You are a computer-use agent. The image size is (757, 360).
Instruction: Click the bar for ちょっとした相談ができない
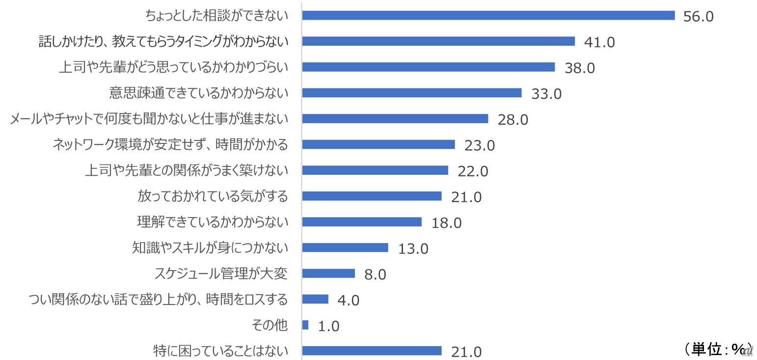(x=488, y=15)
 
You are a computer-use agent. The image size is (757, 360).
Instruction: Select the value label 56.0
(x=698, y=16)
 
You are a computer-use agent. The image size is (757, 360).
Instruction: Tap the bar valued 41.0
(x=438, y=41)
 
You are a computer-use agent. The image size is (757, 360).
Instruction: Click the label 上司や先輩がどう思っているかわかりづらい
(x=173, y=67)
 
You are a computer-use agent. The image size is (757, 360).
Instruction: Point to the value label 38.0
(x=580, y=68)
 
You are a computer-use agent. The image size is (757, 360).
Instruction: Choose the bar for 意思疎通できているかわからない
(x=412, y=93)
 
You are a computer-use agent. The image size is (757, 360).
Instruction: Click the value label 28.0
(x=513, y=119)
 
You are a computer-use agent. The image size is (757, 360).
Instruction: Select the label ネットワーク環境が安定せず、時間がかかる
(x=170, y=144)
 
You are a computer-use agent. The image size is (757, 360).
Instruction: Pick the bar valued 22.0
(x=375, y=170)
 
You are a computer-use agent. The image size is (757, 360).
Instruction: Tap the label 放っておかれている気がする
(x=213, y=196)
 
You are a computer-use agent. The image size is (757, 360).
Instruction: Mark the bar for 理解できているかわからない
(x=362, y=222)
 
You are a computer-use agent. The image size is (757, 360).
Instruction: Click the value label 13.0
(x=413, y=249)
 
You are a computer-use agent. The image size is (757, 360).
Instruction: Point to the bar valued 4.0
(x=315, y=299)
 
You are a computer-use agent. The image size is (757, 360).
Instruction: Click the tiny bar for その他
(x=305, y=325)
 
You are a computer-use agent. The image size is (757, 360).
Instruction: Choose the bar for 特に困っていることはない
(x=372, y=351)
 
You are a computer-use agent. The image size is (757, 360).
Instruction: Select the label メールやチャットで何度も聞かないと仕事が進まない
(x=149, y=119)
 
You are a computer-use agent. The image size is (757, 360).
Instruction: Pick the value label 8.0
(x=375, y=274)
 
